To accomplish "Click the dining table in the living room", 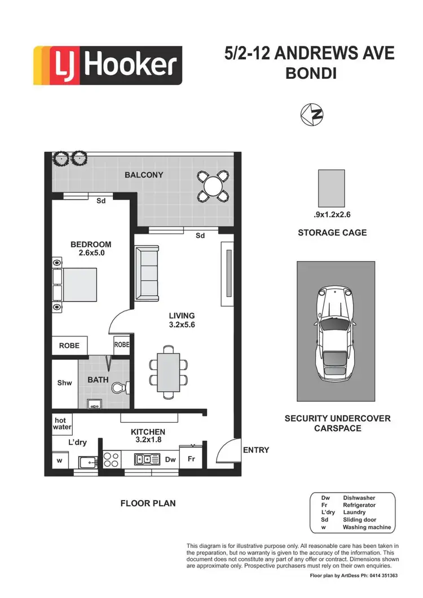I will click(169, 371).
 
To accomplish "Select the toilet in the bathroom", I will click(120, 388).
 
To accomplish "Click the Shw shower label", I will click(64, 383).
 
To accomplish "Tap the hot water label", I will click(60, 423).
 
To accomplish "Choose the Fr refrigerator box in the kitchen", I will click(191, 459).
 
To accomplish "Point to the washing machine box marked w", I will click(60, 460).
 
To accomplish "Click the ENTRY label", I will click(255, 450).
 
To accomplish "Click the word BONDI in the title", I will click(311, 74).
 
